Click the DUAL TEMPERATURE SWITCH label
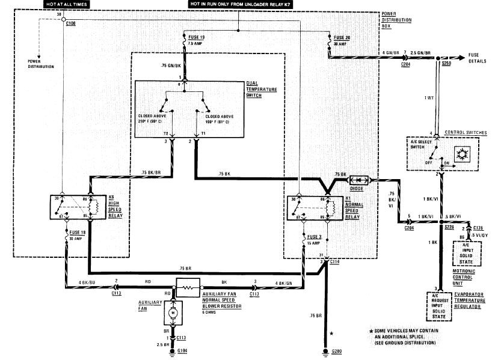click(x=261, y=89)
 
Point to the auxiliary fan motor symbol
click(x=173, y=313)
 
